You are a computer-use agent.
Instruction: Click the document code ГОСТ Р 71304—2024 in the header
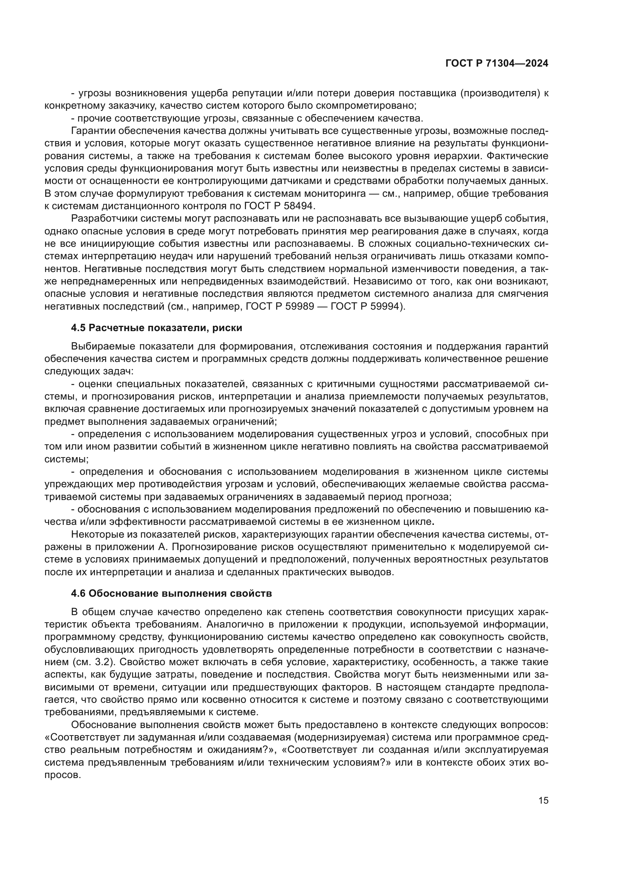click(x=497, y=64)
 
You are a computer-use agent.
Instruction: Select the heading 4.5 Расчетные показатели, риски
click(x=157, y=328)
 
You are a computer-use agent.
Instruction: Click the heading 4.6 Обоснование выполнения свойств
click(x=171, y=593)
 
